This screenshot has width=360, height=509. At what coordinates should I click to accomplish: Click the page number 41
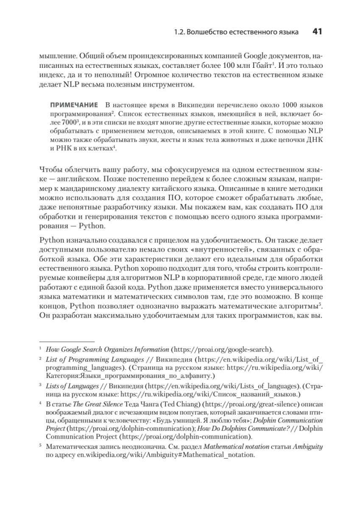(x=318, y=32)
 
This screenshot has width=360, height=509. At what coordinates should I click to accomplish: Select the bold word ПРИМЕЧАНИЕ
(x=74, y=105)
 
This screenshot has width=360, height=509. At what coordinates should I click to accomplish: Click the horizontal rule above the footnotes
(x=67, y=341)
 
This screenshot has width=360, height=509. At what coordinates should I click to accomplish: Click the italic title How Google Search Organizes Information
(x=107, y=350)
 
